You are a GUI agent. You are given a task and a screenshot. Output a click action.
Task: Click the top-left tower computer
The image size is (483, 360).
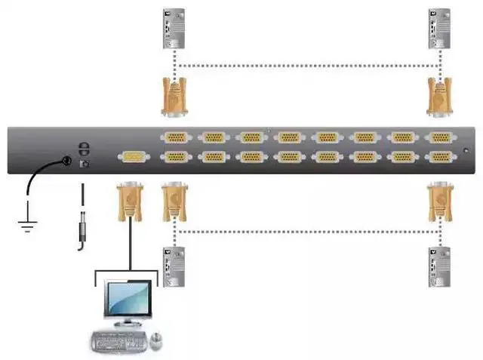174,28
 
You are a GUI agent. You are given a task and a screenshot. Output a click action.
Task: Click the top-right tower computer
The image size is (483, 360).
438,28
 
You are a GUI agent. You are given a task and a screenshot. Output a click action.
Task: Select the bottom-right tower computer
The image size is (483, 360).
438,266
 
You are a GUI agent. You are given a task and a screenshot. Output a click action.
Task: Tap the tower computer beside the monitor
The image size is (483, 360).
174,266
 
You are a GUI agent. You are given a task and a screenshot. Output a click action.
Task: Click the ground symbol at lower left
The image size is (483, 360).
28,217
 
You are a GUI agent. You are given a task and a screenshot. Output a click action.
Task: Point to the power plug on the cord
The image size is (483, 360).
81,230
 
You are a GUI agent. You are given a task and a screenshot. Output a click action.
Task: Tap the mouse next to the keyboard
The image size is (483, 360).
157,340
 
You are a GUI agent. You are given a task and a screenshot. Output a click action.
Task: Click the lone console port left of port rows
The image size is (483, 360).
132,157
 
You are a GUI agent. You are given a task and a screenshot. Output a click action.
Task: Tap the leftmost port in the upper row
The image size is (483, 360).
175,137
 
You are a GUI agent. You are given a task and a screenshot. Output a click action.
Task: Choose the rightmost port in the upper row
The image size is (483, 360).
439,137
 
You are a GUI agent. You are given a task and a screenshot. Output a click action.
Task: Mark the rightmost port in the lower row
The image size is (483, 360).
439,157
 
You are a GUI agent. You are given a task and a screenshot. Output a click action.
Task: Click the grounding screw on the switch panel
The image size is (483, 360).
66,161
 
